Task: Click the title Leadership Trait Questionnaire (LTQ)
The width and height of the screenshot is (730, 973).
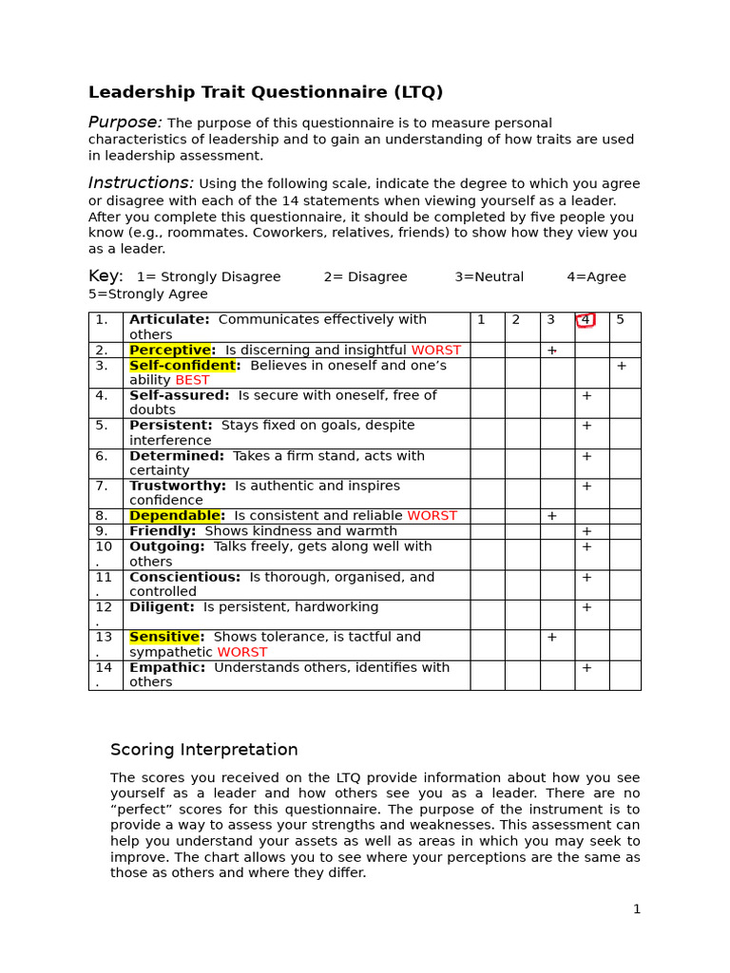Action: click(x=265, y=92)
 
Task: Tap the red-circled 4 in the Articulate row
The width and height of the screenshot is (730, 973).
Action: click(x=586, y=320)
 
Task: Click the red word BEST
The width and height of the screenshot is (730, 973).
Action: click(x=192, y=380)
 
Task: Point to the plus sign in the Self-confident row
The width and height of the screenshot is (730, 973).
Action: click(x=622, y=366)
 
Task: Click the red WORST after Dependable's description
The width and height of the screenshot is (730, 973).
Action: click(x=432, y=516)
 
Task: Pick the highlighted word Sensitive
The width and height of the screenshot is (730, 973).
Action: click(x=164, y=638)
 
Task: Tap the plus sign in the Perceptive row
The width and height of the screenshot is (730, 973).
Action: click(x=551, y=351)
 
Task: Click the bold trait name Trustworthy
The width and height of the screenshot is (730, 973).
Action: click(x=177, y=486)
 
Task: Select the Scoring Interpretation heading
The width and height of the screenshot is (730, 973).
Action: click(x=204, y=750)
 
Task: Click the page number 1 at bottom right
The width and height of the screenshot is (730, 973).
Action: click(x=637, y=909)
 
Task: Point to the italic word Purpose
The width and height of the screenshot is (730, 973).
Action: click(x=125, y=123)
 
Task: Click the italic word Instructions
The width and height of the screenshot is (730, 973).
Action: click(x=141, y=183)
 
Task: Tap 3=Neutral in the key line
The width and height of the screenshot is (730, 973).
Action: click(x=489, y=277)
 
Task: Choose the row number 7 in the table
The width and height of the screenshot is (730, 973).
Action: click(x=102, y=486)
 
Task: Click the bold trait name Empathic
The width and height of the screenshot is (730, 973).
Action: click(x=166, y=668)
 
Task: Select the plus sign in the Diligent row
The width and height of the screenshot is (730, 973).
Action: click(x=586, y=607)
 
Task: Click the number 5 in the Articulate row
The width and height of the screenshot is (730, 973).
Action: click(x=621, y=320)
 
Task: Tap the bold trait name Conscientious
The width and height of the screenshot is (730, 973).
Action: click(x=184, y=578)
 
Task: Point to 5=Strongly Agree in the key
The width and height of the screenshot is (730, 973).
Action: click(x=147, y=295)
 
